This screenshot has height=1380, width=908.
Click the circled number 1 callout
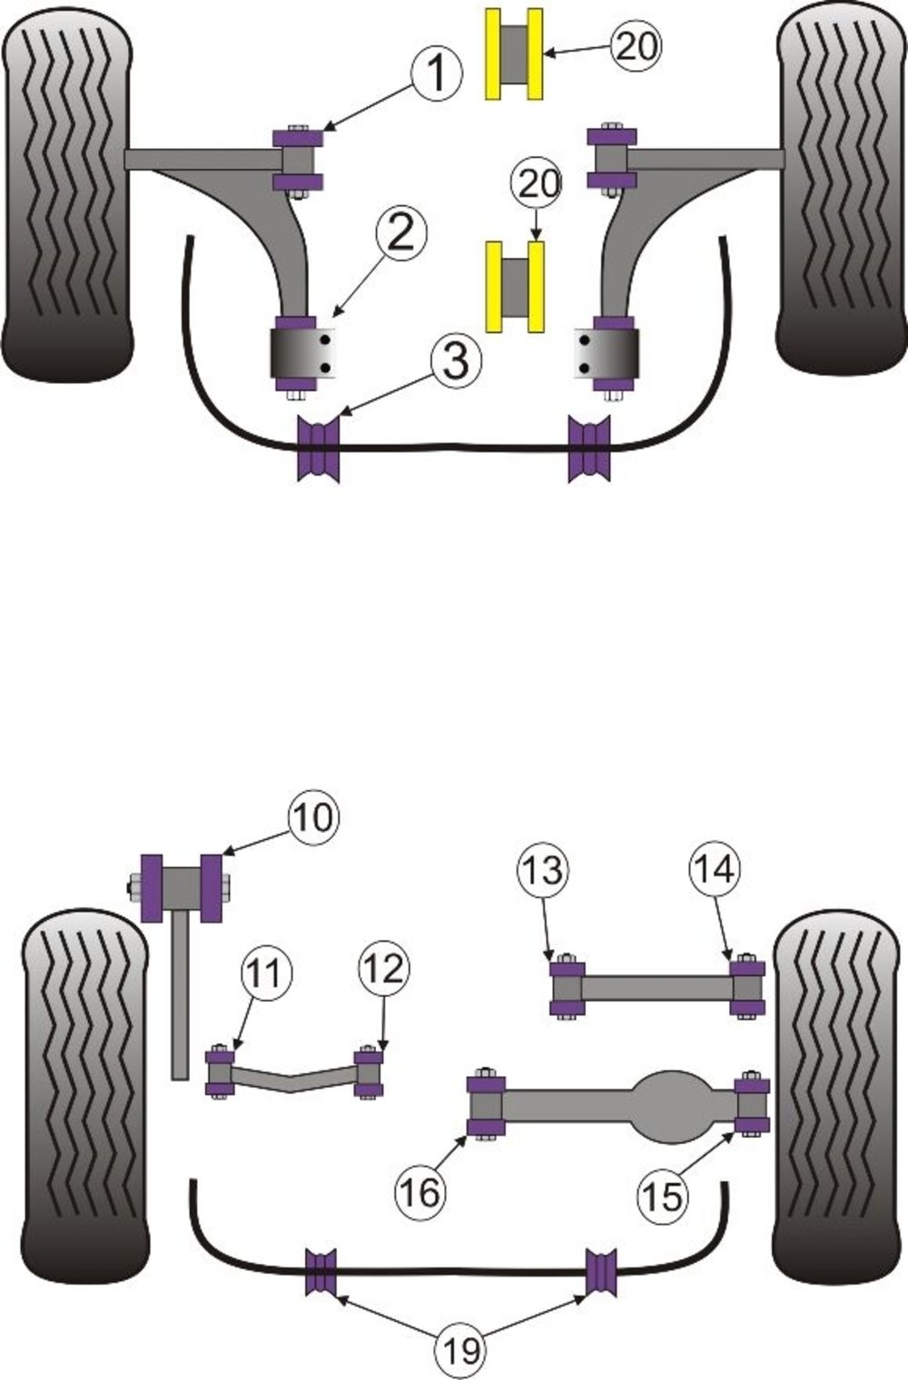tap(438, 73)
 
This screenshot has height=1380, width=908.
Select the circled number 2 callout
tap(400, 233)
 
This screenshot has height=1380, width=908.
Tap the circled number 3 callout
tap(454, 359)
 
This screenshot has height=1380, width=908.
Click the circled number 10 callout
tap(313, 817)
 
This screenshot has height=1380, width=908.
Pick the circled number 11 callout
tap(266, 974)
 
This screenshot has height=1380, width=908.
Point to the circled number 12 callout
tap(384, 969)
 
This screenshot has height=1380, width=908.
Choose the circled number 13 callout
tap(543, 870)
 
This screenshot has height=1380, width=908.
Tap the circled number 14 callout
tap(714, 870)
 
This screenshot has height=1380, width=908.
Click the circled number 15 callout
tap(664, 1195)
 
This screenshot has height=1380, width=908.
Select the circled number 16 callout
tap(420, 1190)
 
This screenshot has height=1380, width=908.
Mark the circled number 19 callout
tap(462, 1351)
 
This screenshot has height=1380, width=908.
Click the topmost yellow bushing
tap(515, 54)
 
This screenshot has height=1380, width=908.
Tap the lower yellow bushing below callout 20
tap(515, 286)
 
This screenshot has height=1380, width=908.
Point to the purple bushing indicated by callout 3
tap(319, 448)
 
